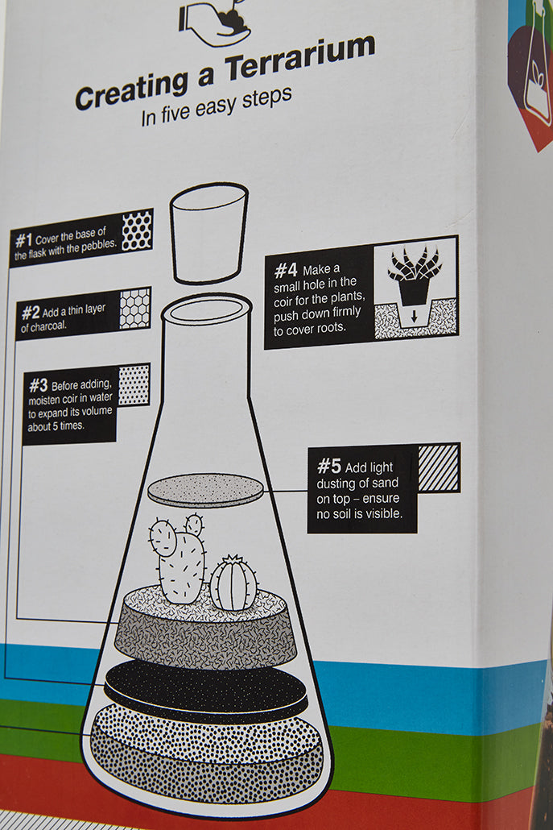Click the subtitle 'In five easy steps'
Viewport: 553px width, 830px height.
pos(216,106)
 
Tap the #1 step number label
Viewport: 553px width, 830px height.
pos(23,239)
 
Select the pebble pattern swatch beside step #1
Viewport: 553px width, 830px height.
pos(136,230)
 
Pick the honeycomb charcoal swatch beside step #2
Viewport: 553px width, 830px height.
pos(134,308)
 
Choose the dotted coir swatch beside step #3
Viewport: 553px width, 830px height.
pos(134,384)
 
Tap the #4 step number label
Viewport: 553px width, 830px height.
pos(287,270)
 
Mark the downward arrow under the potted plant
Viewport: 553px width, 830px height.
pos(414,317)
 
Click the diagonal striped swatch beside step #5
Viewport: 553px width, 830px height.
pos(439,467)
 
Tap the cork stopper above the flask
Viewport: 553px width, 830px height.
pos(208,232)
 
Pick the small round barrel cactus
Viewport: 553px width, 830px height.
pos(233,583)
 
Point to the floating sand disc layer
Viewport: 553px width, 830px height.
pos(206,490)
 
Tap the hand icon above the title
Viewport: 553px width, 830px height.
pos(213,22)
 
